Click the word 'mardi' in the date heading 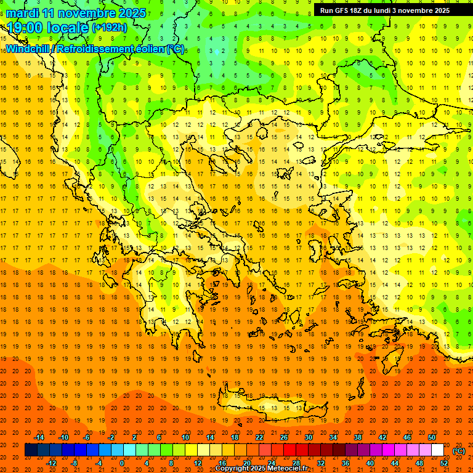click(20, 13)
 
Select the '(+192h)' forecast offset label click(109, 28)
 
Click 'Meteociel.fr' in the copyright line click(285, 469)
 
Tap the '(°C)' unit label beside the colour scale click(459, 451)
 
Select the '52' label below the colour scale click(444, 463)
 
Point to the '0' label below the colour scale click(122, 463)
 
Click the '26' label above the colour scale click(284, 437)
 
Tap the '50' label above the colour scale click(432, 437)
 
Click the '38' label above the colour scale click(358, 437)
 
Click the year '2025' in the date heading click(132, 13)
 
